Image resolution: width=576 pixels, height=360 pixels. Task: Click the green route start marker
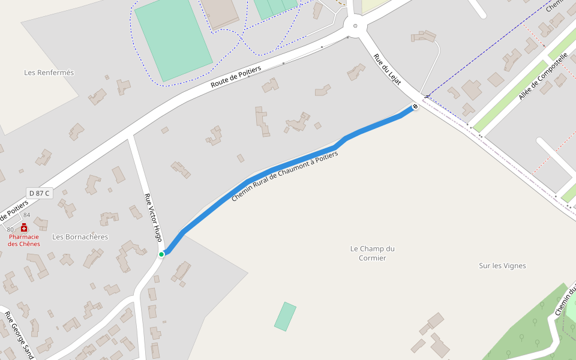coord(161,254)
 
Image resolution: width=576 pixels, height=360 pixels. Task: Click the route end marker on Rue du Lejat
coord(415,107)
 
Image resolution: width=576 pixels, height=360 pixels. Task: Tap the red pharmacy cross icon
coord(24,228)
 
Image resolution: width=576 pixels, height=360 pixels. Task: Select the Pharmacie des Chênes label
coord(24,240)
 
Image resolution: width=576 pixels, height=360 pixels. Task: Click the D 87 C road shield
coord(40,193)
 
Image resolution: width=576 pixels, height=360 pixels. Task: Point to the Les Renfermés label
coord(49,73)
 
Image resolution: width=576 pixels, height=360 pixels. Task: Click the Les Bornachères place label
coord(80,237)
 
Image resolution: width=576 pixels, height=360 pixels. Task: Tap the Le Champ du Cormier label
coord(373,253)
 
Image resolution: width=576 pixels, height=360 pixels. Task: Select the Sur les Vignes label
coord(502,266)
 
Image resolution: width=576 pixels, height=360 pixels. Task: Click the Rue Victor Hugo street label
coord(154,217)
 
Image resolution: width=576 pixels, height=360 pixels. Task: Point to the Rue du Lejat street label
coord(387,70)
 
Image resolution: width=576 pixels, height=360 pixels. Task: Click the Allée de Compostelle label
coord(543,76)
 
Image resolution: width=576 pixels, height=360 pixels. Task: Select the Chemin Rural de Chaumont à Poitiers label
coord(285,176)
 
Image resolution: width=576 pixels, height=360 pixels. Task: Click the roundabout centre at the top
coord(355,26)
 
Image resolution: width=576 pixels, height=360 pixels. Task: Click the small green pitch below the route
coord(286,316)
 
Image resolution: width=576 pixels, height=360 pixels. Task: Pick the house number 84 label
coord(26,215)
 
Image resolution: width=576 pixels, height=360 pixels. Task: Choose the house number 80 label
coord(10,229)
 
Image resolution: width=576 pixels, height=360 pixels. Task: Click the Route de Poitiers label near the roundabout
coord(236,78)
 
